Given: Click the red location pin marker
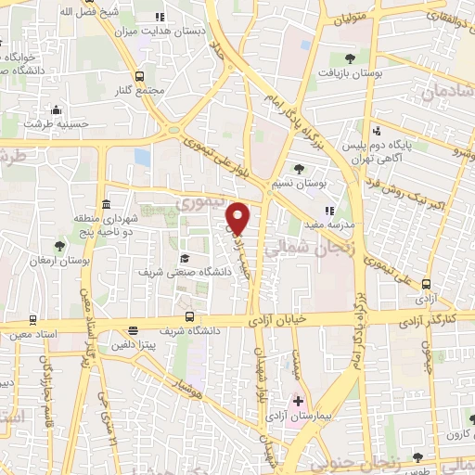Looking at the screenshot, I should pyautogui.click(x=238, y=218).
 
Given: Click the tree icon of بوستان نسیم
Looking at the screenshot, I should pyautogui.click(x=298, y=168).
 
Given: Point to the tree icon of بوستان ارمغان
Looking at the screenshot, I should pyautogui.click(x=60, y=246).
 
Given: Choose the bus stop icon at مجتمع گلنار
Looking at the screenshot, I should pyautogui.click(x=140, y=76).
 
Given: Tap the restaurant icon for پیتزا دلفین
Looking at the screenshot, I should pyautogui.click(x=134, y=330).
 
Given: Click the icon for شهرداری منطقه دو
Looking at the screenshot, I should pyautogui.click(x=108, y=204).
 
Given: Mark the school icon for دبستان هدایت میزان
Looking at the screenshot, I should pyautogui.click(x=160, y=17).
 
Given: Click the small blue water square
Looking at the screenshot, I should pyautogui.click(x=142, y=156).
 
